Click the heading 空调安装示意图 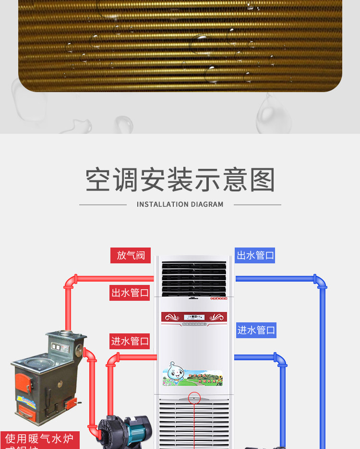pos(180,180)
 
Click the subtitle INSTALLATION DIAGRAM pos(180,204)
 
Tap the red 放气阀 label pos(131,255)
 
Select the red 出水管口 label pos(130,292)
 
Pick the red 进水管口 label pos(130,341)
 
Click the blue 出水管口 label pos(255,255)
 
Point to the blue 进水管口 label pos(256,330)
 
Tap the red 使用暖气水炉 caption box pos(39,439)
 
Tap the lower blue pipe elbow pos(280,360)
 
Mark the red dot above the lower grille pos(194,397)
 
